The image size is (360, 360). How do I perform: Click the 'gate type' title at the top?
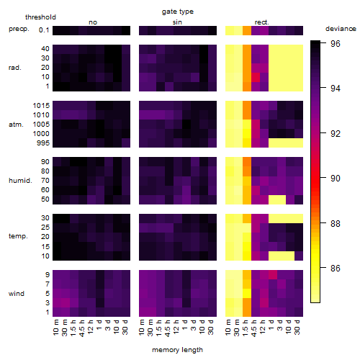178,12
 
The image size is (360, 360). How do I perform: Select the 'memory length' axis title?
177,350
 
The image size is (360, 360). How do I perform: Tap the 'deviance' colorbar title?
341,29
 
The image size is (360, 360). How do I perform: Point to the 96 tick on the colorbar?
336,43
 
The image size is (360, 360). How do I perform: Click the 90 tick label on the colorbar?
336,179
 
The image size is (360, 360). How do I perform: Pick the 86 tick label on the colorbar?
336,268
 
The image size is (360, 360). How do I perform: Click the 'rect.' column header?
261,22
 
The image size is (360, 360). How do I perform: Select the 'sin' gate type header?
177,22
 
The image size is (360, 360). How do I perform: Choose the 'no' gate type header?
93,22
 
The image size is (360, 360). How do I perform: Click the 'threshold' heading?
40,17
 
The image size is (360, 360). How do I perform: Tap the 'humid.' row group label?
20,181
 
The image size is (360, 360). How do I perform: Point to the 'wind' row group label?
17,294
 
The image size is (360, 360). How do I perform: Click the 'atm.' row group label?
16,125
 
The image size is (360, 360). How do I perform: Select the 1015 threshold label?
41,106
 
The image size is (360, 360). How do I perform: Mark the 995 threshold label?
43,143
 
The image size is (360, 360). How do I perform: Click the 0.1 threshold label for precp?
44,30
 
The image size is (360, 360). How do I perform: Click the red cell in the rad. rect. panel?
256,77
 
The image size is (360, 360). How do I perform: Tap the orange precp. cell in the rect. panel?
247,30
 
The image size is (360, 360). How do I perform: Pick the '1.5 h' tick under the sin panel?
159,328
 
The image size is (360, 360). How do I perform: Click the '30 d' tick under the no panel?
125,328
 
